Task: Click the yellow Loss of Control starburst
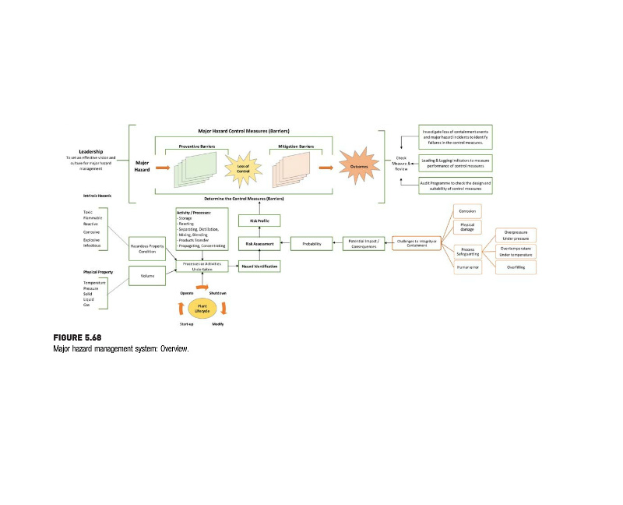click(243, 166)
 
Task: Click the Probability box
click(311, 244)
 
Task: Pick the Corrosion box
click(467, 211)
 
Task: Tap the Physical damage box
click(467, 228)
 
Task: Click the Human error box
click(467, 267)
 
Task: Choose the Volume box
click(147, 275)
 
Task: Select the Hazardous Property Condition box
click(147, 249)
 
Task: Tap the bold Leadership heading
click(92, 151)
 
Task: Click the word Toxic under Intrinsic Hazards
click(89, 212)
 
